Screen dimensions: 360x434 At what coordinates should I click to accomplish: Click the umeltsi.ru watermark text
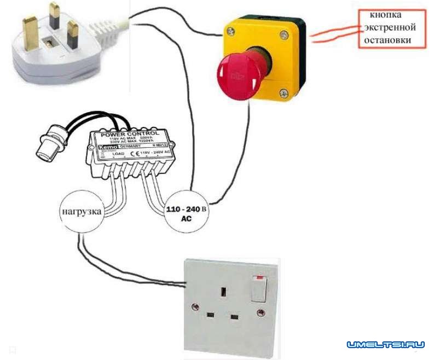coord(385,345)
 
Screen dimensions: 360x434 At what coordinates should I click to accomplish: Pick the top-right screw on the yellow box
coord(283,36)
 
